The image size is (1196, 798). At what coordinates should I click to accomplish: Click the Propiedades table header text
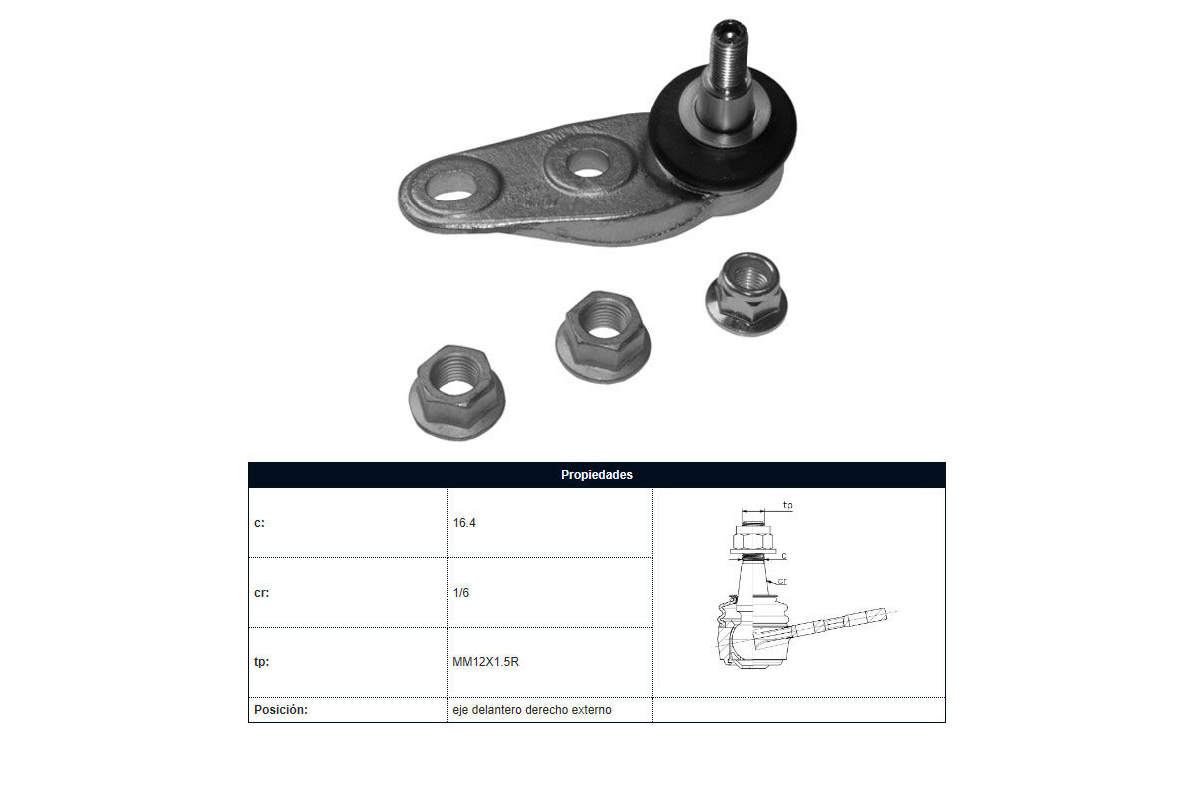pyautogui.click(x=596, y=475)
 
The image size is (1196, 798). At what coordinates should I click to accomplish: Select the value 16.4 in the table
pyautogui.click(x=464, y=523)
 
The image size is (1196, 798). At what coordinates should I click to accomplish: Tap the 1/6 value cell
pyautogui.click(x=461, y=593)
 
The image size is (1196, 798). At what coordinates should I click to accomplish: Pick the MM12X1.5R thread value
pyautogui.click(x=486, y=662)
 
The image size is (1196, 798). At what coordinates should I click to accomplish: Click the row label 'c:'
pyautogui.click(x=259, y=523)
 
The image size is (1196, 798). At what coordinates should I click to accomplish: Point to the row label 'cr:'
pyautogui.click(x=261, y=593)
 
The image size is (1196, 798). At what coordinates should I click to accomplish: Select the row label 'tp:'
pyautogui.click(x=261, y=662)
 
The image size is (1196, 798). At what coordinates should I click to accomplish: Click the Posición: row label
pyautogui.click(x=281, y=710)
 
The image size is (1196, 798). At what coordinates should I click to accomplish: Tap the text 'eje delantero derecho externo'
pyautogui.click(x=532, y=710)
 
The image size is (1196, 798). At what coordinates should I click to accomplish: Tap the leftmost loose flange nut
pyautogui.click(x=456, y=392)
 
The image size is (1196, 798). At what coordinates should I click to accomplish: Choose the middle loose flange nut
pyautogui.click(x=603, y=336)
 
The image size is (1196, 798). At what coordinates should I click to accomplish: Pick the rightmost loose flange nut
pyautogui.click(x=747, y=294)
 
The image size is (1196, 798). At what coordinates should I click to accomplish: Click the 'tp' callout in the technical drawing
pyautogui.click(x=787, y=505)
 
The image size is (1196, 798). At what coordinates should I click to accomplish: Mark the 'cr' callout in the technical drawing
pyautogui.click(x=782, y=581)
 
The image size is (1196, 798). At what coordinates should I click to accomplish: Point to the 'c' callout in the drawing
pyautogui.click(x=784, y=556)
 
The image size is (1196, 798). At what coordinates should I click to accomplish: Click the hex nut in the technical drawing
pyautogui.click(x=752, y=538)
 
